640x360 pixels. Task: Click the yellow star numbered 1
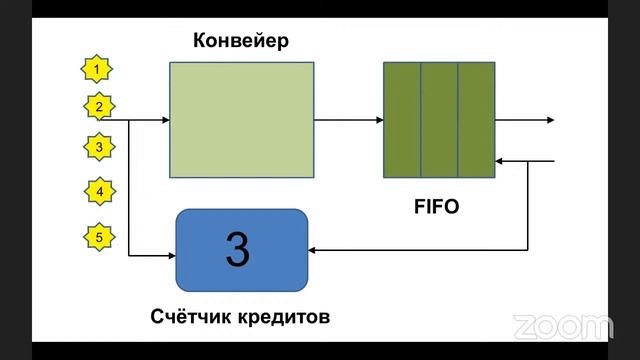(x=96, y=69)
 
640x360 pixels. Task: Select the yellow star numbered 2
(x=97, y=105)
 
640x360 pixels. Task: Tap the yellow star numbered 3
(x=97, y=147)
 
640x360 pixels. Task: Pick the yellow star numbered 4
(x=98, y=190)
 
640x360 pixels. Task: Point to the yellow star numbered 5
(x=98, y=237)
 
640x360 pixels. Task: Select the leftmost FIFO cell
(x=402, y=120)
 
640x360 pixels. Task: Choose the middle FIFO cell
(x=439, y=120)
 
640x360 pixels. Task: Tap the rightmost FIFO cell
(x=476, y=120)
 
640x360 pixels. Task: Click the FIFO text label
(x=436, y=210)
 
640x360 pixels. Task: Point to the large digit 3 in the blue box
(x=237, y=250)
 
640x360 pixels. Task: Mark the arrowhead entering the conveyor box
(x=164, y=120)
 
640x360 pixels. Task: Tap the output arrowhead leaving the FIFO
(x=550, y=120)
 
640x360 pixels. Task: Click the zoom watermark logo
(x=562, y=326)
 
